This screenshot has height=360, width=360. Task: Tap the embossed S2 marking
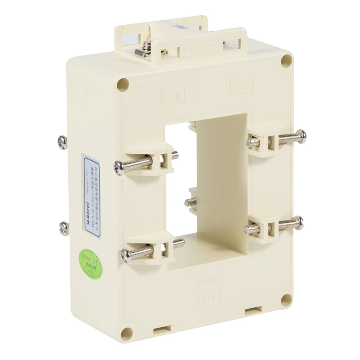coord(242,85)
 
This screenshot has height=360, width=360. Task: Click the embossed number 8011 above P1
coord(207,283)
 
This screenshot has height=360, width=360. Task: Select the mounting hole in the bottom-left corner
coord(127,333)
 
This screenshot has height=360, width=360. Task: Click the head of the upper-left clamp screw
coord(119,168)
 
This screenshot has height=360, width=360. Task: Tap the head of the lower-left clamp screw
coord(125,256)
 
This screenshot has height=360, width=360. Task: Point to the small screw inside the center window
coord(189,202)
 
